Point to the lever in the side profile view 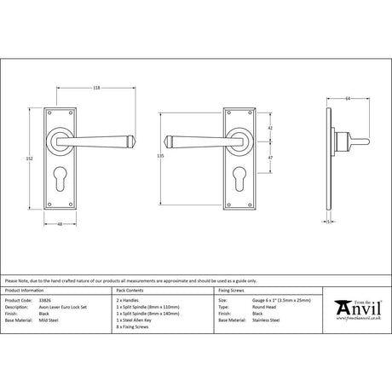(358, 137)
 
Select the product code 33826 (48, 301)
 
